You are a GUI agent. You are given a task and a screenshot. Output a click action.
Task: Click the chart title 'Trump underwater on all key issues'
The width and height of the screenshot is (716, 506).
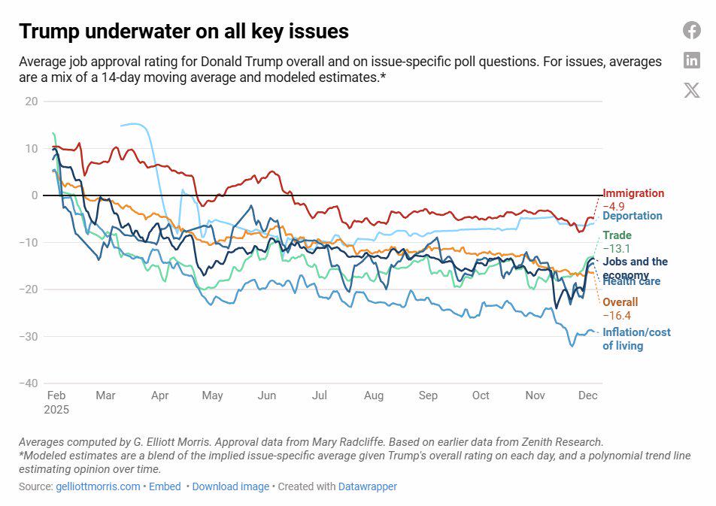point(184,31)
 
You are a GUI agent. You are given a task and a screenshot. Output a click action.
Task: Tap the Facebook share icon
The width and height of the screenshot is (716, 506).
point(692,30)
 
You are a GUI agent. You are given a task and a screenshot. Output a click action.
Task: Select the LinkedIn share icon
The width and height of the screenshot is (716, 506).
point(692,61)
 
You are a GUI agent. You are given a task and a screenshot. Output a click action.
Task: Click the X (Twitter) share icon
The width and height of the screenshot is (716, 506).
point(692,91)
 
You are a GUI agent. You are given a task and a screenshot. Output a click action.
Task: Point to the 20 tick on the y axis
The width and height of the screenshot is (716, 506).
point(31,102)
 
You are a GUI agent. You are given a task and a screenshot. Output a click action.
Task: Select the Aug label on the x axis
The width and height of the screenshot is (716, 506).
point(374,395)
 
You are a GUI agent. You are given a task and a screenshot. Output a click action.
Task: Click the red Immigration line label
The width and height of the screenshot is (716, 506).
point(633,193)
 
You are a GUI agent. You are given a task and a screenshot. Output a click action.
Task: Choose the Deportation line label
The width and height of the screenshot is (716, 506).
point(633,216)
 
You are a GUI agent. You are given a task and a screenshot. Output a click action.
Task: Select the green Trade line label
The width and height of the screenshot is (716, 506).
point(617,235)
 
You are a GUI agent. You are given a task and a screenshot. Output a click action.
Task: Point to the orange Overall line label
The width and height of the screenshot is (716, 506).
point(620,302)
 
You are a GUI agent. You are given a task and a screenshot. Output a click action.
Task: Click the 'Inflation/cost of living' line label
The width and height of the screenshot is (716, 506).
point(636,339)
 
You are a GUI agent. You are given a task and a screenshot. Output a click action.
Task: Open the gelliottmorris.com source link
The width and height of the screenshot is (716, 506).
point(98,486)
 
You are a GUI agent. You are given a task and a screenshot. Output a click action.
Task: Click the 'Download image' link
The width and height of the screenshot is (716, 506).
point(230,486)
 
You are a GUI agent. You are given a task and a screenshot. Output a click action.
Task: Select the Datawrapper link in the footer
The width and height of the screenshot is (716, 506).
point(367,486)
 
